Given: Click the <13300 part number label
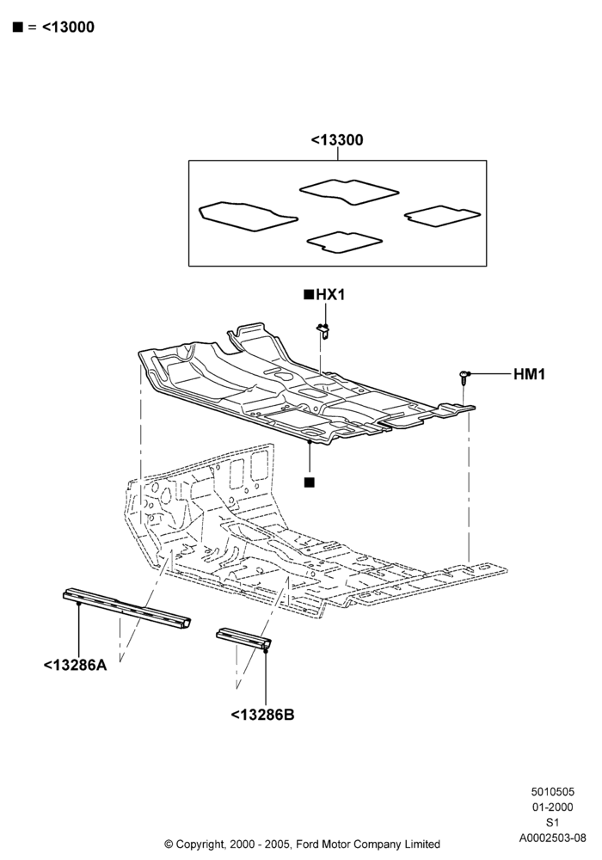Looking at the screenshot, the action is point(336,140).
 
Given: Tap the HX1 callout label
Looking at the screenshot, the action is point(330,295).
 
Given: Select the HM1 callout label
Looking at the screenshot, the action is point(529,375).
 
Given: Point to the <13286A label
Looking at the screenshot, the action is point(75,666).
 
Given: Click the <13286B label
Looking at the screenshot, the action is point(262,716).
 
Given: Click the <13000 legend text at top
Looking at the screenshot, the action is point(68,27).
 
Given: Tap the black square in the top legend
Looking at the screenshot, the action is point(18,27).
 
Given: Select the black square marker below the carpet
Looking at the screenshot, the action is point(310,482).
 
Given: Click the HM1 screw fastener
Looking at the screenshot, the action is point(464,378).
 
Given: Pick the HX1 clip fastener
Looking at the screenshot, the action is point(324,331).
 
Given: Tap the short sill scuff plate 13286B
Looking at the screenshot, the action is point(244,639).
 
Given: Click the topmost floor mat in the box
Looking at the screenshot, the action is point(349,192).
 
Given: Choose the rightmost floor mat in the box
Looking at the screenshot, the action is point(442,216).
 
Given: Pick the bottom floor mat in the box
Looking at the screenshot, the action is point(344,243).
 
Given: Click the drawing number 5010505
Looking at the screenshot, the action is point(552,791).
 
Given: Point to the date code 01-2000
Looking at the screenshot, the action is point(552,807).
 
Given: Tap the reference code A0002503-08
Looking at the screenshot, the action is point(552,838).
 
